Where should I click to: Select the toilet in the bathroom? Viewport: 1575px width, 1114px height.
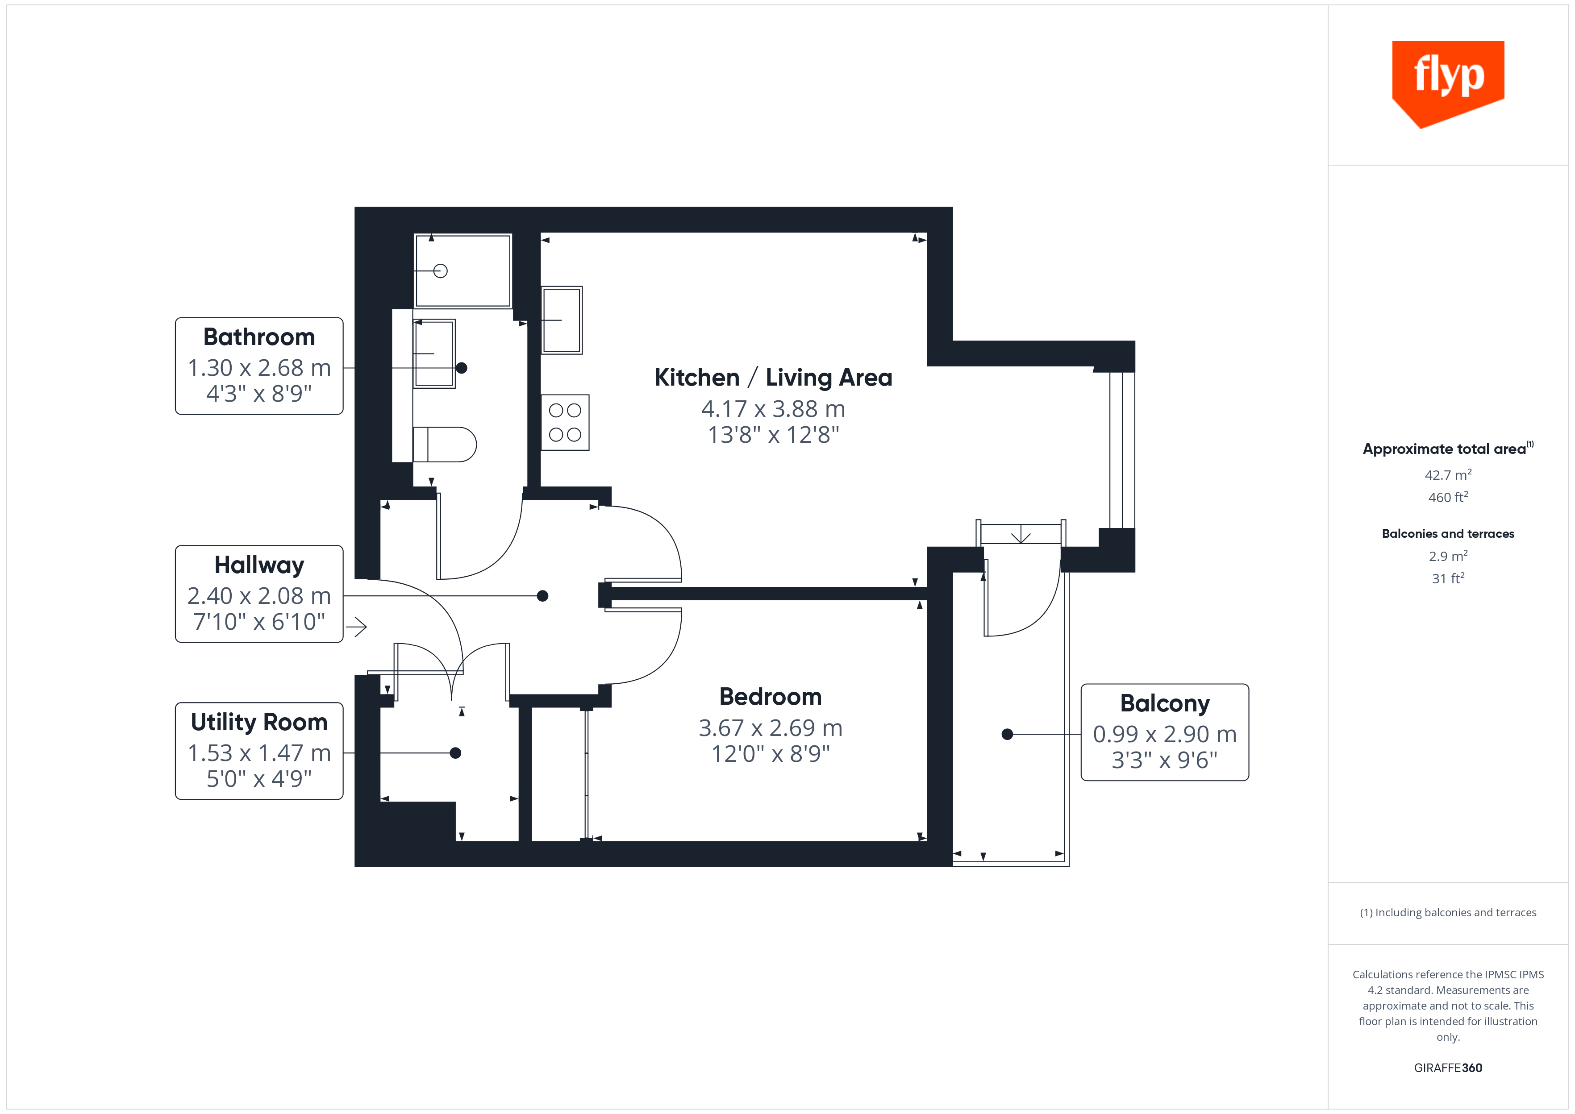tap(445, 445)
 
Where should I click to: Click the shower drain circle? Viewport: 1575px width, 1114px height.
tap(440, 271)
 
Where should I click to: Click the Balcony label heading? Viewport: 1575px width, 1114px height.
tap(1164, 703)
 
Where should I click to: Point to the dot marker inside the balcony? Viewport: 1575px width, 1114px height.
tap(1007, 734)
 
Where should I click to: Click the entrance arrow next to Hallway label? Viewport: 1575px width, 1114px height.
tap(356, 626)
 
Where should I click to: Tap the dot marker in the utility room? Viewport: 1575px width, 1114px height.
tap(455, 753)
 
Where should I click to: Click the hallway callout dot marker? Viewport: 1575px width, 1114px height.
tap(542, 595)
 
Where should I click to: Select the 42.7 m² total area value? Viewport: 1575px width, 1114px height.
tap(1447, 475)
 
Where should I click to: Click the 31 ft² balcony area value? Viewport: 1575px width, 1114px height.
tap(1447, 578)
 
